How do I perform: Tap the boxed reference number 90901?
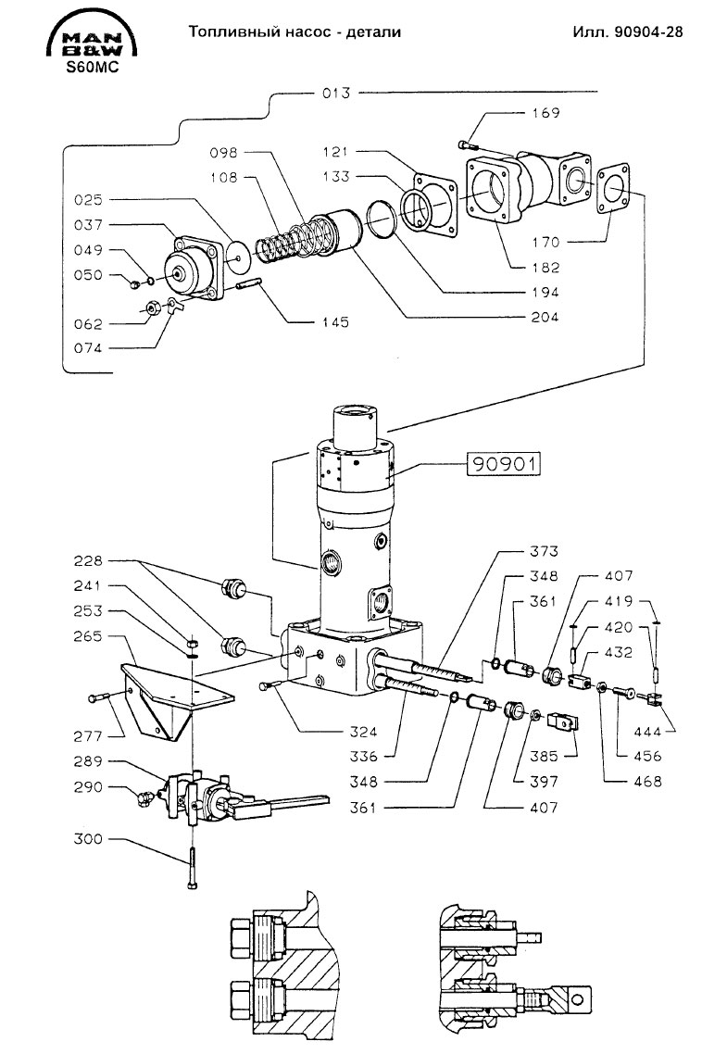point(504,464)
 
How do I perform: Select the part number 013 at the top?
point(336,93)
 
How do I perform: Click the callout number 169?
point(545,113)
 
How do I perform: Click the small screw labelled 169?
point(468,144)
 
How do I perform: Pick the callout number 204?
point(545,317)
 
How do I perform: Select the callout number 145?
point(335,322)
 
